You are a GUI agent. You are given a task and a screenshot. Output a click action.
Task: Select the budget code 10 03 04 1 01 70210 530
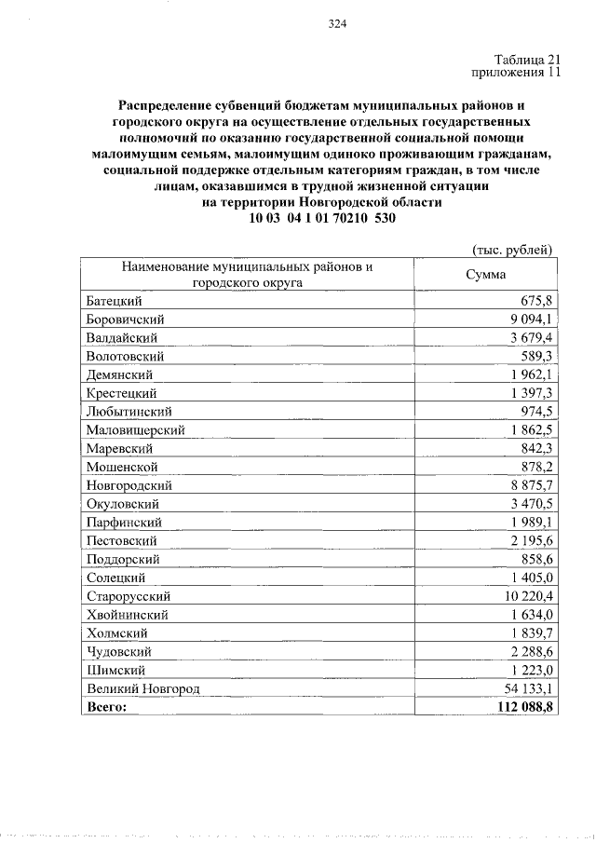(x=322, y=218)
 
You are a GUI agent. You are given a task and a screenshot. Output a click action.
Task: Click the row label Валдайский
(x=121, y=337)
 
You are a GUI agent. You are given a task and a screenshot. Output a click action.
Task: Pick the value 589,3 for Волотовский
(x=536, y=356)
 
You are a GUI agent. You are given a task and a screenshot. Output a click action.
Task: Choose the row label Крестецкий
(x=121, y=393)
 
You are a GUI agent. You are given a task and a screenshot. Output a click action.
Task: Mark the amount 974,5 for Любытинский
(x=536, y=411)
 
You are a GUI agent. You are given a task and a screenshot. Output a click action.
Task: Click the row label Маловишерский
(x=135, y=429)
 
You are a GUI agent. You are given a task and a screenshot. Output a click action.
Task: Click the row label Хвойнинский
(x=127, y=615)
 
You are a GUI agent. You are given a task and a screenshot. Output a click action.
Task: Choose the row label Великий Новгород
(x=142, y=688)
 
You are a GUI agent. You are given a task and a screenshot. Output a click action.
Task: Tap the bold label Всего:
(x=105, y=707)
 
